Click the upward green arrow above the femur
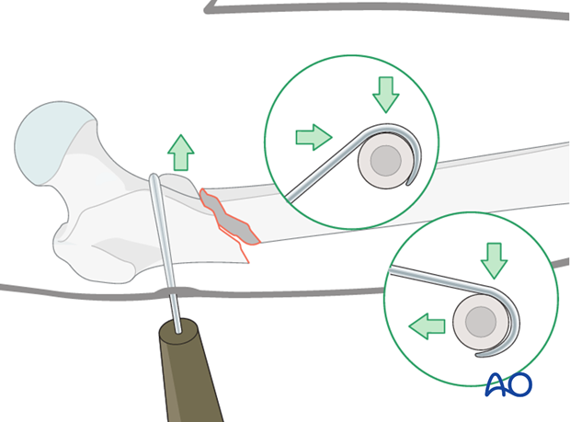click(x=181, y=153)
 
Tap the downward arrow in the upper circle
click(x=386, y=95)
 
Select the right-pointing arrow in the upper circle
click(x=314, y=137)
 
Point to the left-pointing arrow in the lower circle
click(x=427, y=326)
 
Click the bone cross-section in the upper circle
click(x=386, y=160)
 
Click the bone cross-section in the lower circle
click(x=481, y=322)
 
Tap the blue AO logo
click(x=508, y=384)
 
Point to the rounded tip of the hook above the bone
click(x=154, y=177)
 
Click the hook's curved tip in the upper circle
click(x=410, y=183)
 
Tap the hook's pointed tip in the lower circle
click(x=479, y=355)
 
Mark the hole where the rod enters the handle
click(x=178, y=331)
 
